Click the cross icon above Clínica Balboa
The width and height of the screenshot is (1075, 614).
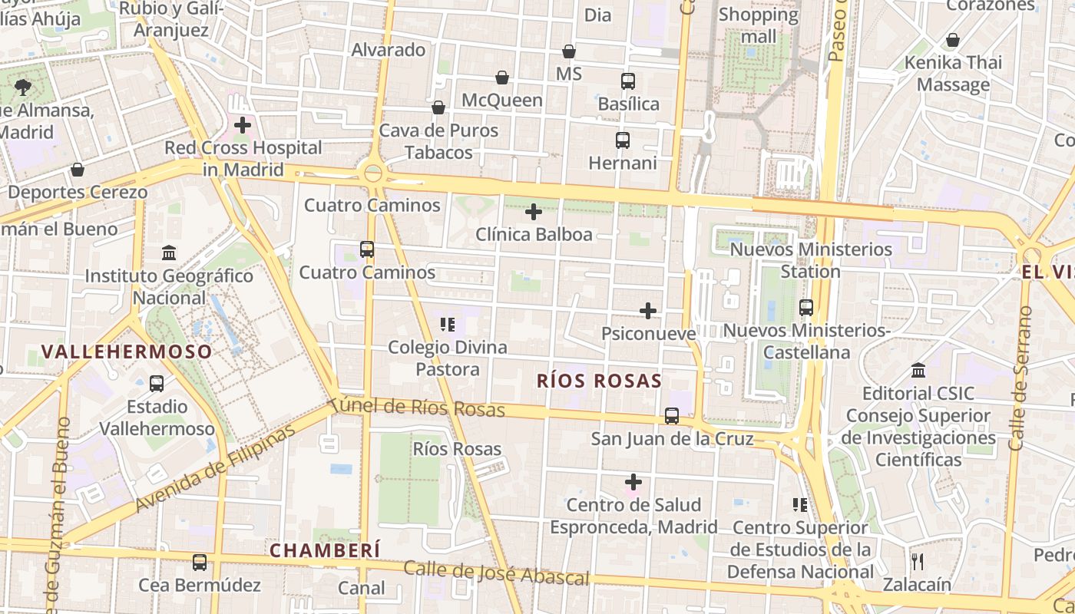(534, 212)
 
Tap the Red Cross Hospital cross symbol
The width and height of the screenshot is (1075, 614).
(243, 124)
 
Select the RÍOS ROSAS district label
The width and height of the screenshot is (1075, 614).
(599, 381)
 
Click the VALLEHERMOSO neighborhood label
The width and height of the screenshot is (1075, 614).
(127, 352)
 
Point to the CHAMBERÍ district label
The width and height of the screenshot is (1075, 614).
(325, 550)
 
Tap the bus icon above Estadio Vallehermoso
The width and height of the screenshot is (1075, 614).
(157, 384)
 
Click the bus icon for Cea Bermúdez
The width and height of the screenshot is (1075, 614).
(200, 563)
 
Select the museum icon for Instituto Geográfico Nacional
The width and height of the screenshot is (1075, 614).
(169, 253)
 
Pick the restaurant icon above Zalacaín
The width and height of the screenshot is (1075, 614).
(916, 562)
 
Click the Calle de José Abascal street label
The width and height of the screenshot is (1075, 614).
(496, 573)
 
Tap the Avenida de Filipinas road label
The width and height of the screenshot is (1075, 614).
(215, 470)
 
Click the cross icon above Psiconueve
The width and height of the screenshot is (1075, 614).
(648, 311)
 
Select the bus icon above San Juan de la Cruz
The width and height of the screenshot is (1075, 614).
(672, 416)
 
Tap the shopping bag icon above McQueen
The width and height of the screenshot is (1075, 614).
(502, 78)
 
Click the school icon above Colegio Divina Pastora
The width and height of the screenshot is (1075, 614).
(448, 325)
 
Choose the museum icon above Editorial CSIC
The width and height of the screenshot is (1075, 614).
(918, 371)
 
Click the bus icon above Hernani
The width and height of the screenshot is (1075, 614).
(623, 140)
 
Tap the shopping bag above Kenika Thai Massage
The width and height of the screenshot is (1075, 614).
(953, 40)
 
